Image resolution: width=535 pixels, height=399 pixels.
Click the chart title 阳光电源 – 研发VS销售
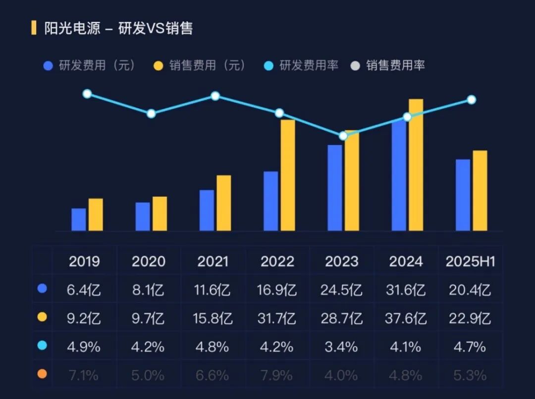pos(118,28)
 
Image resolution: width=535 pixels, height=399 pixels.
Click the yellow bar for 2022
pos(288,175)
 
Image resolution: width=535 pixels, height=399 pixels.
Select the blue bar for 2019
pos(79,220)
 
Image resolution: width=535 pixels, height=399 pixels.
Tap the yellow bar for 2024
pos(416,165)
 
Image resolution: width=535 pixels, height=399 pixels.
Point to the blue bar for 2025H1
pos(463,195)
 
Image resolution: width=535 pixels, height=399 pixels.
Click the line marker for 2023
pos(343,136)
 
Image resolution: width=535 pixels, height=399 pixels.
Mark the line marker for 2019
pos(87,94)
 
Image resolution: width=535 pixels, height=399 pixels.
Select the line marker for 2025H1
pos(472,100)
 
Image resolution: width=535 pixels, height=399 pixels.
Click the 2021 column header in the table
pos(214,261)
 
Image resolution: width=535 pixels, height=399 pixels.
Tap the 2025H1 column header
pos(470,261)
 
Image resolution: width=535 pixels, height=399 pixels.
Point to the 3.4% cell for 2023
pos(341,346)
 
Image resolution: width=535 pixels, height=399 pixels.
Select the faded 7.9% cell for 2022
pos(277,375)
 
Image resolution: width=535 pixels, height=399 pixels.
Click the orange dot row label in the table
pos(42,374)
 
